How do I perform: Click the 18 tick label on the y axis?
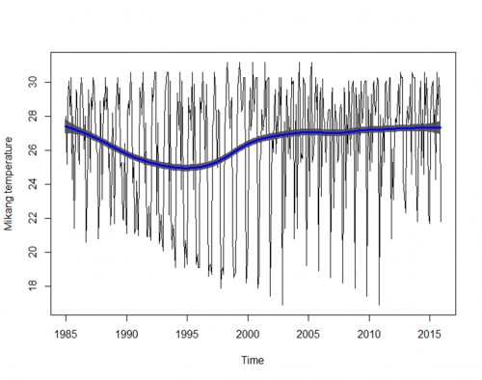(35, 285)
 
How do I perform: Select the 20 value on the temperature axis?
(35, 252)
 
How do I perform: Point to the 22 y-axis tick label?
(35, 218)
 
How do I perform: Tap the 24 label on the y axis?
(35, 184)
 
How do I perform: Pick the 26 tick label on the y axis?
(35, 150)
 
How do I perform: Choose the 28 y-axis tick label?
(35, 117)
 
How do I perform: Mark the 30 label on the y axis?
(35, 83)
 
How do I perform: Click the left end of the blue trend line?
(66, 126)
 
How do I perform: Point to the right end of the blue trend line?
(441, 127)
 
